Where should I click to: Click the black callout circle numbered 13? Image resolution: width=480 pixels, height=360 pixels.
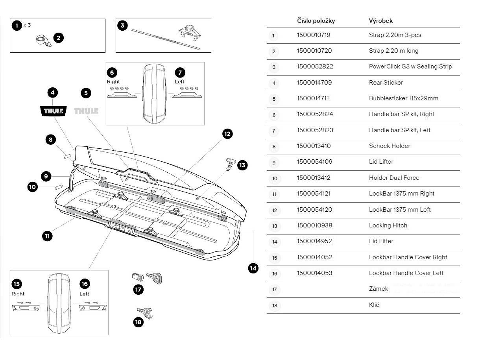pyautogui.click(x=242, y=165)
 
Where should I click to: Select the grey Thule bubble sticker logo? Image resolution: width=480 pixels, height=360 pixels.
pyautogui.click(x=86, y=111)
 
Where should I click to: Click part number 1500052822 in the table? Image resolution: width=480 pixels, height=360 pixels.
pyautogui.click(x=315, y=66)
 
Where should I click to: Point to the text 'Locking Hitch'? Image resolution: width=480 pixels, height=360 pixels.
pyautogui.click(x=388, y=225)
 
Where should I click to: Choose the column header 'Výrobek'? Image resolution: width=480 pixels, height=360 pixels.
pyautogui.click(x=380, y=21)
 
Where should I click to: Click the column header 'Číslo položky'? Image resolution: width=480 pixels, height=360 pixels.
pyautogui.click(x=316, y=21)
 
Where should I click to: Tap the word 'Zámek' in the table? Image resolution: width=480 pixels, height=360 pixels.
pyautogui.click(x=378, y=289)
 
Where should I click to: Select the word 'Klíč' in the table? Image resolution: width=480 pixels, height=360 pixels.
pyautogui.click(x=374, y=305)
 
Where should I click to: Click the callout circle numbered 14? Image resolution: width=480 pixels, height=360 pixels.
pyautogui.click(x=253, y=268)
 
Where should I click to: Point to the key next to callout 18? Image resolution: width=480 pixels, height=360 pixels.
pyautogui.click(x=145, y=313)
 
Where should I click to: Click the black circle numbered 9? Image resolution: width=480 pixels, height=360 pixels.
pyautogui.click(x=46, y=176)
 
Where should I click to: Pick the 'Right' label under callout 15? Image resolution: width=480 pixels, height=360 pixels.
pyautogui.click(x=18, y=294)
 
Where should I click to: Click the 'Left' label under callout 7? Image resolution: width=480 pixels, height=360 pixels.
pyautogui.click(x=180, y=82)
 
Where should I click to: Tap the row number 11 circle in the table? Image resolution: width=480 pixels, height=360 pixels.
pyautogui.click(x=274, y=194)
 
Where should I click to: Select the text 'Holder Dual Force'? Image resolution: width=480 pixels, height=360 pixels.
pyautogui.click(x=394, y=178)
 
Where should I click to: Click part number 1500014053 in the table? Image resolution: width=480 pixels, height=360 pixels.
pyautogui.click(x=315, y=273)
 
